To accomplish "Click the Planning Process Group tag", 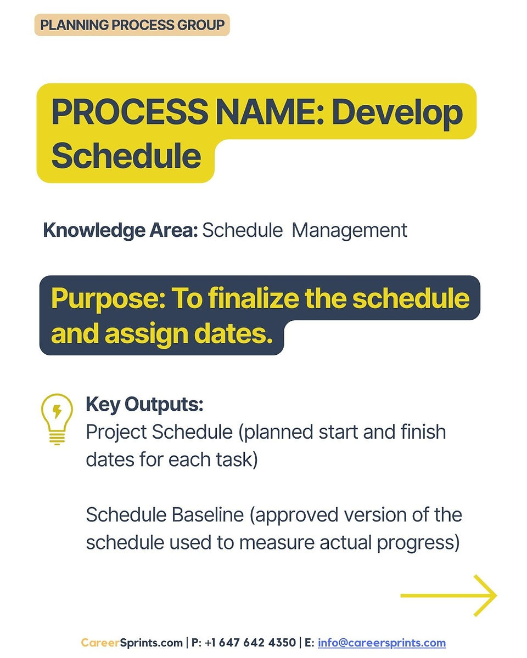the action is tap(132, 25).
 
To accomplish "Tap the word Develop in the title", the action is tap(397, 114).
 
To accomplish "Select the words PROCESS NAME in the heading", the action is tap(185, 112).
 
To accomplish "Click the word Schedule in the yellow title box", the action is tap(126, 155).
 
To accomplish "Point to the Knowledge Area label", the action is tap(120, 230).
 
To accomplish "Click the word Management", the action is tap(349, 230).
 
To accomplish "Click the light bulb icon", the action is tap(57, 419).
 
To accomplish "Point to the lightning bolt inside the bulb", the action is tap(57, 411).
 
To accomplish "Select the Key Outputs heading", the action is tap(144, 404).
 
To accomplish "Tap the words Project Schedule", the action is tap(159, 432).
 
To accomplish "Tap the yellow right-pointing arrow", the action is tap(448, 595).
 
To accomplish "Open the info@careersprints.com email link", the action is tap(382, 643).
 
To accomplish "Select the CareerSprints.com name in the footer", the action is tap(132, 643).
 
